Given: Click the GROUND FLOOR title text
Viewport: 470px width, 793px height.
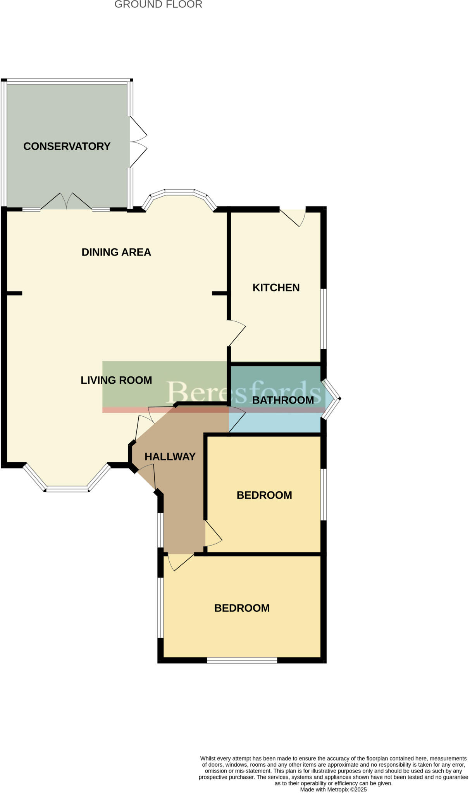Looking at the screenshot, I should coord(158,5).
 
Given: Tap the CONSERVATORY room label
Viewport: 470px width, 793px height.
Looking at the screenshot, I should coord(67,146).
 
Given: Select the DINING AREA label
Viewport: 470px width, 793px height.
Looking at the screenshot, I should coord(116,252).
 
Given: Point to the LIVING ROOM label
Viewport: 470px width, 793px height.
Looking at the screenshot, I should coord(116,380).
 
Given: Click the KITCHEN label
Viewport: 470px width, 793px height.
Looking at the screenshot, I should coord(276,288).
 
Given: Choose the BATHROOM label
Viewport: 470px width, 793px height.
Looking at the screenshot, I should coord(283,400).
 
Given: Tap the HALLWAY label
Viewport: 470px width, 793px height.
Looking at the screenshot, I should coord(170,457).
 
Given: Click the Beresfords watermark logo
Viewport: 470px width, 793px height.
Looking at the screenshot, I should coord(244,392).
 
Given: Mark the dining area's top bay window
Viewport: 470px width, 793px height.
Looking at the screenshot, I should coord(179,196).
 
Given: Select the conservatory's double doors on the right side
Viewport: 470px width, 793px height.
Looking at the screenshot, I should coord(138,142).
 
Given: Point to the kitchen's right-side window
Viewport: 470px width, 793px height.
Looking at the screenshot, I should coord(323,319).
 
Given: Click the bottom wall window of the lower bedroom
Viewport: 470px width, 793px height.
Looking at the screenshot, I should coord(242,660).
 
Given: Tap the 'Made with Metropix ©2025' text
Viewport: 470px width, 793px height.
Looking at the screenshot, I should coord(333,789).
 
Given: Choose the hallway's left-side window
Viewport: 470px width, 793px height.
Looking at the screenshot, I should coord(160,530).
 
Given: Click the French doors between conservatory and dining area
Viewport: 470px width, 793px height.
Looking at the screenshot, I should coord(66,202).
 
